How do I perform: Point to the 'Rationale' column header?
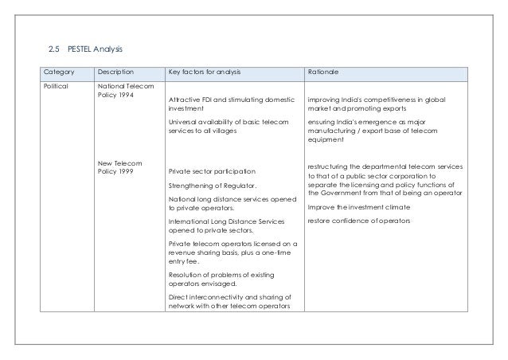pos(325,72)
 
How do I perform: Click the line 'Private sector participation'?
pos(213,171)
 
